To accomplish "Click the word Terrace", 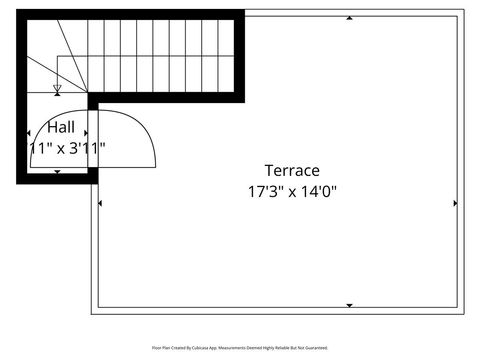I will click(x=292, y=170).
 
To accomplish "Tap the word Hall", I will click(x=60, y=128).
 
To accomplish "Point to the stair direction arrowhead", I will click(x=57, y=89).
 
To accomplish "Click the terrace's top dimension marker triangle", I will click(x=348, y=17).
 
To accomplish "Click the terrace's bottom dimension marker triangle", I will click(x=348, y=304).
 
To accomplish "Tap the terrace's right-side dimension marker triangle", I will click(x=455, y=203).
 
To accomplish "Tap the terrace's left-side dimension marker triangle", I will click(x=100, y=203).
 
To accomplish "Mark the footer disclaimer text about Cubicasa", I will click(x=239, y=348).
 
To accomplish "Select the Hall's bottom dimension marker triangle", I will click(x=57, y=172).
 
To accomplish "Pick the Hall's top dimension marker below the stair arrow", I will click(x=57, y=103).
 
